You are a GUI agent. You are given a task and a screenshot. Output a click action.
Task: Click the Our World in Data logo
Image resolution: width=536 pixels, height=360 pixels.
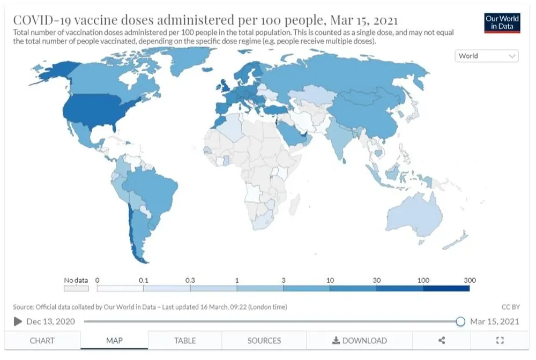point(502,22)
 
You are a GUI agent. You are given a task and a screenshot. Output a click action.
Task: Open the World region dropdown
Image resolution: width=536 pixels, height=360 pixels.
point(487,56)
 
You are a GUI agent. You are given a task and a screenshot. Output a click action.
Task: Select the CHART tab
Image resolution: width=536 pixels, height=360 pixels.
point(42,340)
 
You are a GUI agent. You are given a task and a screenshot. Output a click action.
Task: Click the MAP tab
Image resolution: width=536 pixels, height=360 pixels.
point(114,340)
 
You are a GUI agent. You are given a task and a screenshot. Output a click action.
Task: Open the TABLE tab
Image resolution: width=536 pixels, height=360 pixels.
point(185,340)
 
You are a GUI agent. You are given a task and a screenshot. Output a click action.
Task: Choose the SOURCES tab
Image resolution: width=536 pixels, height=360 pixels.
point(264,340)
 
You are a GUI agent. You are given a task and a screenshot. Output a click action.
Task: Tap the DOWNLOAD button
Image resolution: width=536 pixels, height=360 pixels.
point(359,340)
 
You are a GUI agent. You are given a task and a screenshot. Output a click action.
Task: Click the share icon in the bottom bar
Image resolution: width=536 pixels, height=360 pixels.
point(442,340)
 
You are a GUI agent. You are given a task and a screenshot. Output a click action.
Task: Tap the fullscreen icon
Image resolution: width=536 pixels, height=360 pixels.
point(500,340)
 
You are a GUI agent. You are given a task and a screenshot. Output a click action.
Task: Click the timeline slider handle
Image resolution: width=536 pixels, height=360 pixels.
point(460,321)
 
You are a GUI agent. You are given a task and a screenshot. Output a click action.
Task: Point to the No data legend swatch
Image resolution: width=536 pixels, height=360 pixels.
point(76,288)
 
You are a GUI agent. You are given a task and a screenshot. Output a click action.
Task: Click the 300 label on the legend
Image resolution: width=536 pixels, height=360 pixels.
point(470,280)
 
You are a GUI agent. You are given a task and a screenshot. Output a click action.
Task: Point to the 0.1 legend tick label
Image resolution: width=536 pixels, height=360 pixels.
point(144,280)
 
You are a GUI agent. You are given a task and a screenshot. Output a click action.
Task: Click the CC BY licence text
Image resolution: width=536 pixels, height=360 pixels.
point(510,307)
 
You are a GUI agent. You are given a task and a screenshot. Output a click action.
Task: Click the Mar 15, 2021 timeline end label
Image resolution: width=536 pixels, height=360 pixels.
point(494,321)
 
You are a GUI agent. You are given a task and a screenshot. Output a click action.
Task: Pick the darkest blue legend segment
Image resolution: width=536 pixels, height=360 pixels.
point(446,288)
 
